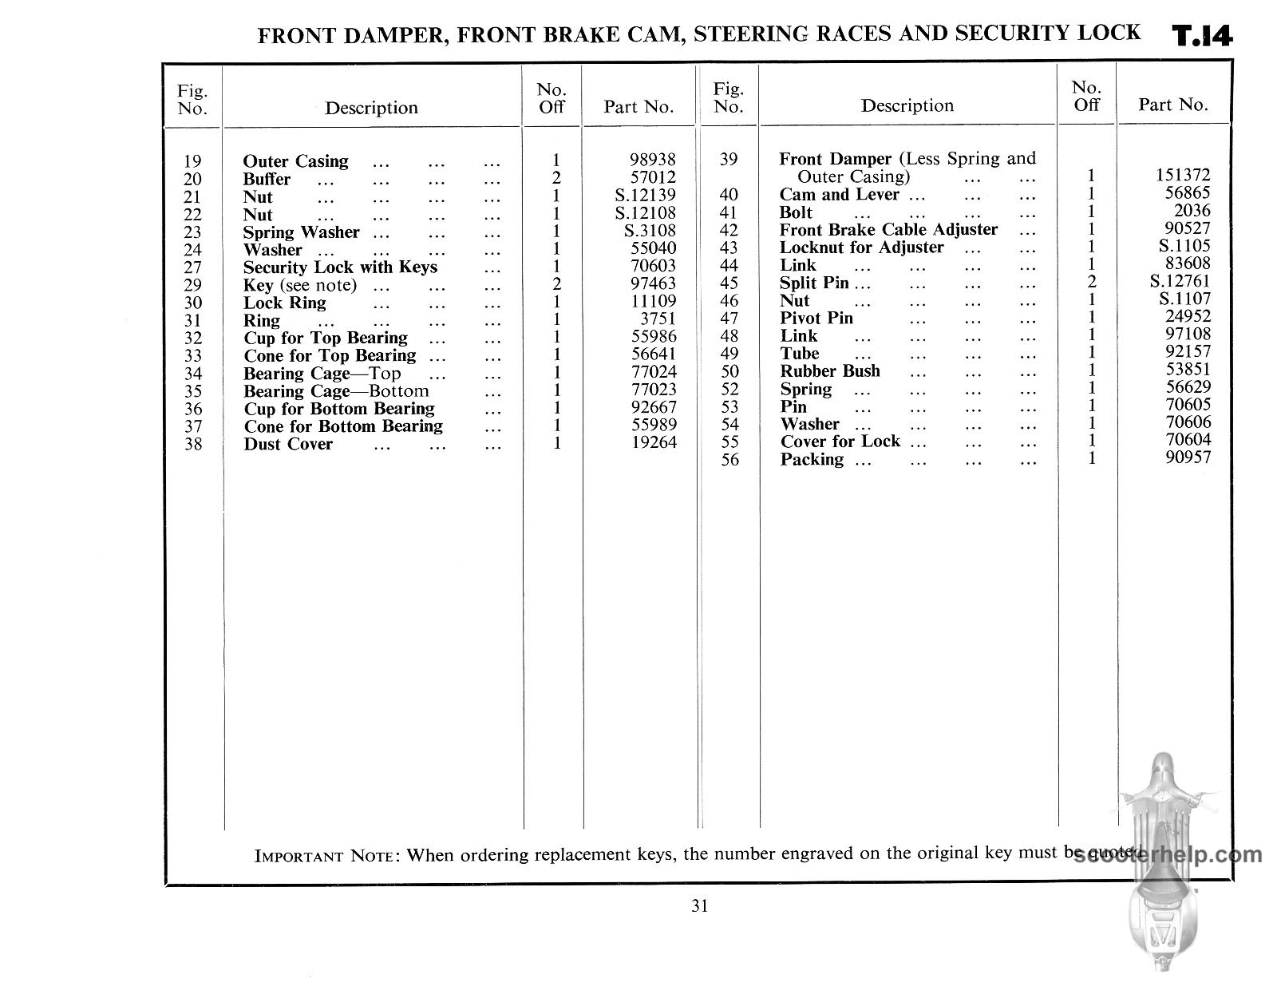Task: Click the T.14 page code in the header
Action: pos(1202,37)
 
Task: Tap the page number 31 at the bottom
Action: pos(699,905)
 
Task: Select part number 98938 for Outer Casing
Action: pos(653,160)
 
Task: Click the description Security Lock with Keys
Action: pos(340,267)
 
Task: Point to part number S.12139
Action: pos(645,196)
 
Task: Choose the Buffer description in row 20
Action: pos(267,180)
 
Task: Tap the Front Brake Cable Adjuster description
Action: pos(888,230)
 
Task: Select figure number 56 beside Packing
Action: pos(729,460)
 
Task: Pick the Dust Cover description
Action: pos(288,445)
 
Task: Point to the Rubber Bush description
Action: pos(830,371)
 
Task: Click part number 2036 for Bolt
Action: pos(1192,211)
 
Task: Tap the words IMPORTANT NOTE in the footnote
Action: pos(324,857)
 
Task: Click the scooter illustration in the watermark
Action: pos(1169,862)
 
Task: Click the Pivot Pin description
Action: pos(816,319)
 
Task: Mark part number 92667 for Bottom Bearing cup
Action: pos(653,408)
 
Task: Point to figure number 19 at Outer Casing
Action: pos(192,162)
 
